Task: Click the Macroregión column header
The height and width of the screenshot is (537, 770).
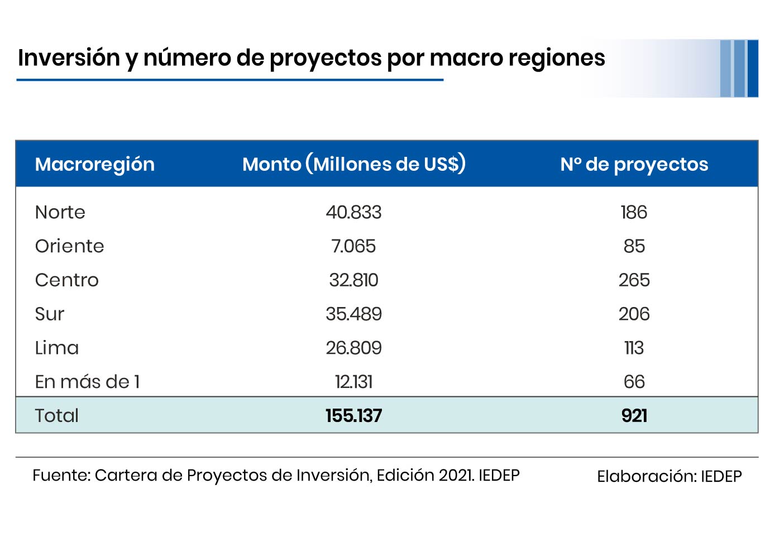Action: [x=94, y=164]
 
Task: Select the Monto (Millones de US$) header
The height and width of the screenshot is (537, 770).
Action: [x=354, y=164]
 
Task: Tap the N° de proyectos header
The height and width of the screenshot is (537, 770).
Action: [x=634, y=164]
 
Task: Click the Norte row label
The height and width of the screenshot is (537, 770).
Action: [x=60, y=212]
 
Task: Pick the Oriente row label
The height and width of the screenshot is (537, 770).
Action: [x=69, y=246]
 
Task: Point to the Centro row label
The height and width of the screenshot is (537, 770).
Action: [x=66, y=280]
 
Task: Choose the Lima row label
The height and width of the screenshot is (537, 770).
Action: [x=56, y=348]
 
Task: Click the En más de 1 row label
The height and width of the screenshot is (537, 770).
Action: [x=87, y=382]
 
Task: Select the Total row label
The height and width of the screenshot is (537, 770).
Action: [x=56, y=415]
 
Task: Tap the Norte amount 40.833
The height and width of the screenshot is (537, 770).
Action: [x=353, y=212]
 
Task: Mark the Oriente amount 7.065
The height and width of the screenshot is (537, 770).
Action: [x=353, y=246]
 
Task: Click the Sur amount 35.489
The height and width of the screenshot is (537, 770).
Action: [x=353, y=314]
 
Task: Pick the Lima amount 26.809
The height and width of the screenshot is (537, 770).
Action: [x=353, y=348]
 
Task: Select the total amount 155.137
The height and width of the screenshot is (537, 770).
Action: [x=353, y=415]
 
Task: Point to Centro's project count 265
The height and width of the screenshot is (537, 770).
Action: [x=634, y=280]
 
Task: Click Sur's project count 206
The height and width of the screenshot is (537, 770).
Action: [x=634, y=314]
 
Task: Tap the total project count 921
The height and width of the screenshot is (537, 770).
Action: [x=634, y=415]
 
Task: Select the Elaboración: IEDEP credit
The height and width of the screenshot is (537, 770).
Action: [x=669, y=476]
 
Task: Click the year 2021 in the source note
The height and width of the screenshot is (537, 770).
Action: [x=456, y=475]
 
